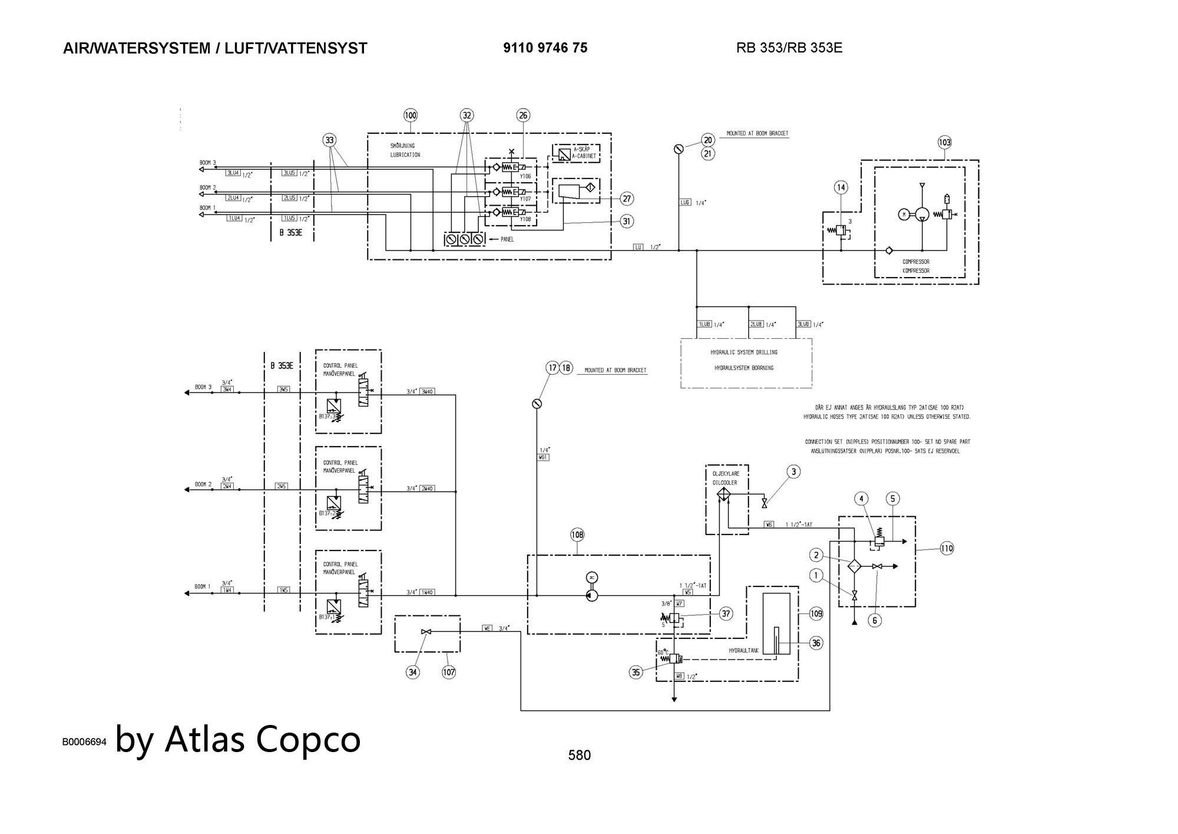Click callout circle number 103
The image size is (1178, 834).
pos(945,142)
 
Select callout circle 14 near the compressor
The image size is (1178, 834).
pos(841,187)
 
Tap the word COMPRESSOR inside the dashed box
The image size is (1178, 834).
pos(916,262)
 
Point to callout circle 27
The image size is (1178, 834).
pos(627,199)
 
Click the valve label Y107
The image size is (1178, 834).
pos(525,199)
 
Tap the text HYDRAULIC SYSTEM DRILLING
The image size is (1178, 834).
pos(744,352)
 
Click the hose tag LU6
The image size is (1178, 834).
pos(685,202)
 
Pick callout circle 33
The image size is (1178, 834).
pos(329,140)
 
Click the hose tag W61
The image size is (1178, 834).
pos(543,457)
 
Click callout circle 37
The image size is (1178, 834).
pos(726,614)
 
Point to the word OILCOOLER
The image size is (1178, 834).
pos(725,482)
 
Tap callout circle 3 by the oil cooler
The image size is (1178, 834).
pos(793,472)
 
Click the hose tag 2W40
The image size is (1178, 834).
pos(428,488)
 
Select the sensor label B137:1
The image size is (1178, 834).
pos(327,617)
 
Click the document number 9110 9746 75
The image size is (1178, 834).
pos(545,48)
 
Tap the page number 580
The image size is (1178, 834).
pos(579,755)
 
